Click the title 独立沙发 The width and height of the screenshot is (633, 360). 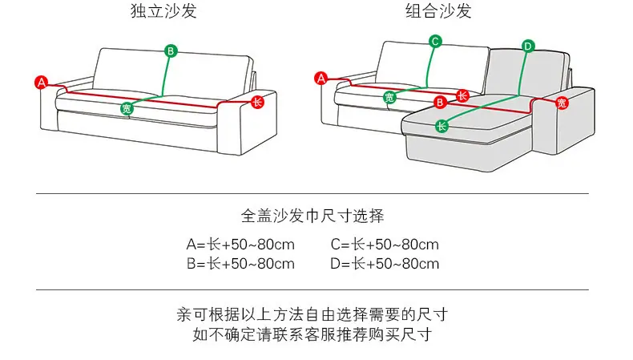click(163, 10)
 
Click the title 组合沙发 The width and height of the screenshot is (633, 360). click(438, 10)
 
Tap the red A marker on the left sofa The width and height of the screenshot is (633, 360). click(41, 83)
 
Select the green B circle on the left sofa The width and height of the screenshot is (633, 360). click(171, 51)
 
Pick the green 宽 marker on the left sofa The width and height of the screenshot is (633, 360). click(127, 108)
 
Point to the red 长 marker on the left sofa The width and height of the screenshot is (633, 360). click(257, 102)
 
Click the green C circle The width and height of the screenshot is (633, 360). click(435, 41)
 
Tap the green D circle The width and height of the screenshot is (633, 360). click(528, 46)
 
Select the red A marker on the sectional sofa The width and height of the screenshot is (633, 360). click(321, 78)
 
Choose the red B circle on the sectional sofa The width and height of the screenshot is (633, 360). click(440, 102)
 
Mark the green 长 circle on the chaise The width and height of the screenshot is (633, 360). click(441, 126)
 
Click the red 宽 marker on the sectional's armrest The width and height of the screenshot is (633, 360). click(562, 103)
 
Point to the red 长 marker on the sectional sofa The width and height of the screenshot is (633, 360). click(462, 95)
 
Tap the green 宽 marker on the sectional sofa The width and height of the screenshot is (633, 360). click(389, 97)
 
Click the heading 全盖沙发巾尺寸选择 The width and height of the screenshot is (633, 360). click(312, 216)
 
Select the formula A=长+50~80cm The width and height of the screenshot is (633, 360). click(240, 245)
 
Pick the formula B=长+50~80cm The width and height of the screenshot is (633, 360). click(240, 264)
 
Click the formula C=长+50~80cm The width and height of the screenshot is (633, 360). click(385, 245)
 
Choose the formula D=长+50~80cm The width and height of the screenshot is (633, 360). click(385, 264)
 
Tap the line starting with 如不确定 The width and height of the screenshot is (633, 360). click(312, 334)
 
